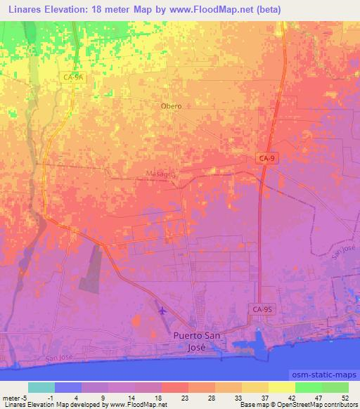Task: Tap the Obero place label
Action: pos(171,106)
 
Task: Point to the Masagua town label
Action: pos(161,174)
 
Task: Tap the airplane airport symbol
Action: pos(163,310)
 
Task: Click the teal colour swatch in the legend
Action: pos(41,387)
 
